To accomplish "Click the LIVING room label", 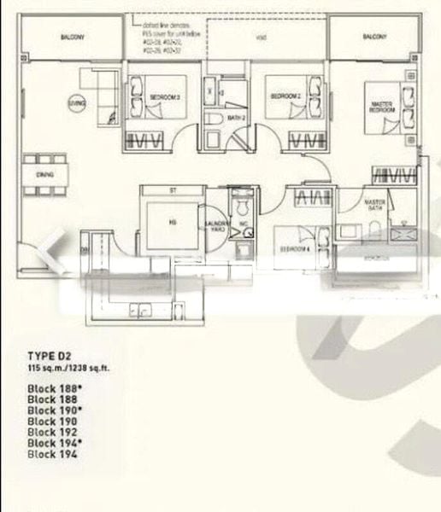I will [77, 102].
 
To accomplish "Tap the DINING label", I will [45, 174].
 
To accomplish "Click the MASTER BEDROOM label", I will [381, 108].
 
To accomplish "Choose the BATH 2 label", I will [238, 117].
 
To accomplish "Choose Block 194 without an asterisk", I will [51, 455].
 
